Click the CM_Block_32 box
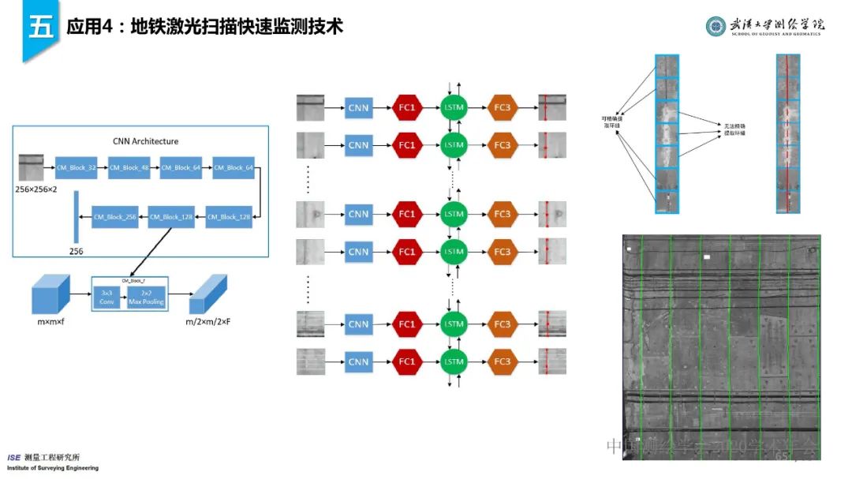76,167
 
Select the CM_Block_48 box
129,167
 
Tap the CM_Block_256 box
114,216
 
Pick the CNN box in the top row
358,106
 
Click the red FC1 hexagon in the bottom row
406,362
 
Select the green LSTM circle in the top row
454,106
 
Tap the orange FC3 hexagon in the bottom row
502,362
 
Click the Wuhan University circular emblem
716,26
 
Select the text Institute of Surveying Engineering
53,468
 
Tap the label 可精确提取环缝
612,122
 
